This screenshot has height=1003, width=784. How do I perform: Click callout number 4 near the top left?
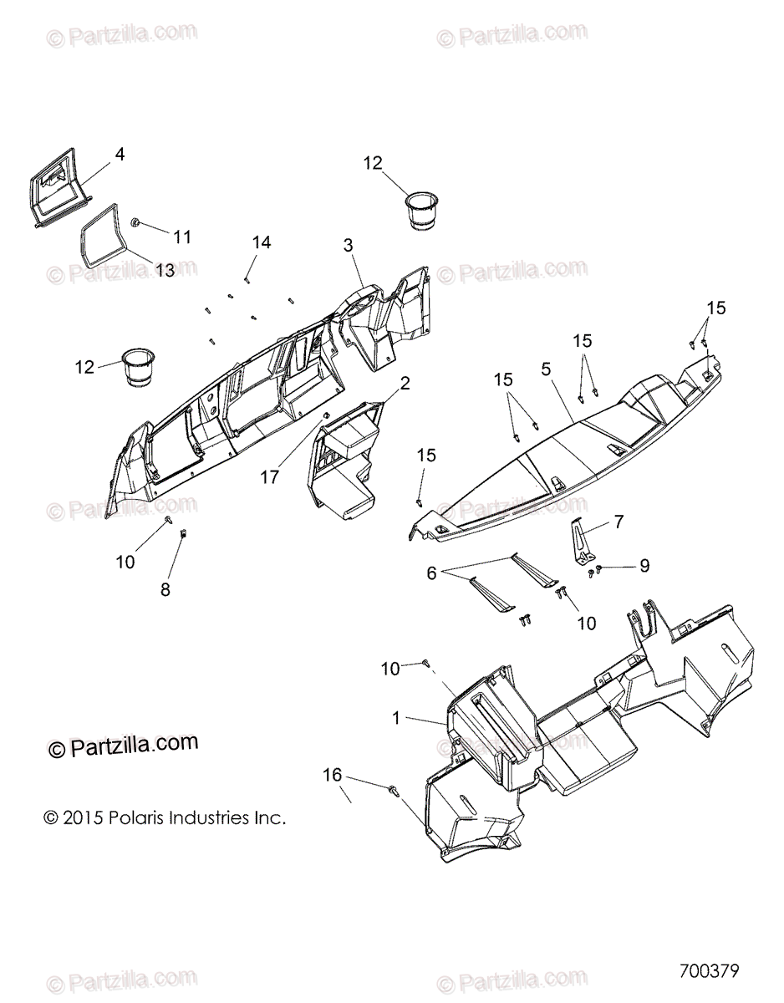(120, 154)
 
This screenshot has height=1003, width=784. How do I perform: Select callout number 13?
(165, 269)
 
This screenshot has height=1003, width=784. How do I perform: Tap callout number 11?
(181, 237)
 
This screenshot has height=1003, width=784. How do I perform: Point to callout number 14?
(262, 242)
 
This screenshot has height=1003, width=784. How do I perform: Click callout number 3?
(348, 245)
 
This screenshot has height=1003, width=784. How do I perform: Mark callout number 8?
(165, 589)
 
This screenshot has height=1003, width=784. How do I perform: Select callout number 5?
(545, 367)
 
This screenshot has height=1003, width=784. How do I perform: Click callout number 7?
(619, 522)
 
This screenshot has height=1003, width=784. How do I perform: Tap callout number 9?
(644, 566)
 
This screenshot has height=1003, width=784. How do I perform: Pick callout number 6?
(431, 573)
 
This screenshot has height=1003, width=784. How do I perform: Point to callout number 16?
(333, 775)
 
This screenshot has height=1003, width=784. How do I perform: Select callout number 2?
(405, 384)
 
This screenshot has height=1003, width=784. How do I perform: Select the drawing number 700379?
(710, 971)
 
